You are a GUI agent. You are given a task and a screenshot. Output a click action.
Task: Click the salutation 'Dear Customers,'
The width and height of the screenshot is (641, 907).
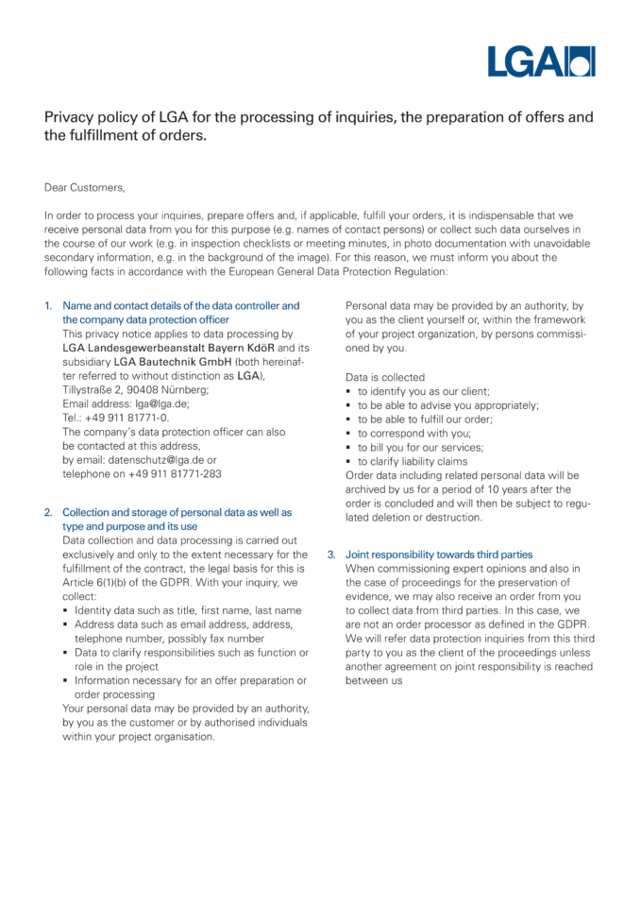pyautogui.click(x=84, y=188)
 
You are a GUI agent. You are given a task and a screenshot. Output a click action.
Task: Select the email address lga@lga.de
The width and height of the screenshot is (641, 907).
pyautogui.click(x=162, y=403)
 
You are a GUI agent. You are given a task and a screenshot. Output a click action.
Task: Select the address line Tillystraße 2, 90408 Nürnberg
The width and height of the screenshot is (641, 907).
pyautogui.click(x=136, y=389)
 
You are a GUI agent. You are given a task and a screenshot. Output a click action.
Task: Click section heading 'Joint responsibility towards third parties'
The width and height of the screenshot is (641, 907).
pyautogui.click(x=439, y=555)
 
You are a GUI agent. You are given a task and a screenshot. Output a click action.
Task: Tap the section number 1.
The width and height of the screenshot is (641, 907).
pyautogui.click(x=48, y=306)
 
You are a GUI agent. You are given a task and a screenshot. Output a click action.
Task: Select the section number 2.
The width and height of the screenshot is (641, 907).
pyautogui.click(x=48, y=512)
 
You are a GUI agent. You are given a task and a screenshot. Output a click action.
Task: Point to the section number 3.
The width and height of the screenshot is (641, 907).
pyautogui.click(x=331, y=555)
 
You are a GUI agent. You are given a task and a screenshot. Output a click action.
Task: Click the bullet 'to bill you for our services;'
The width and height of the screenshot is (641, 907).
pyautogui.click(x=420, y=447)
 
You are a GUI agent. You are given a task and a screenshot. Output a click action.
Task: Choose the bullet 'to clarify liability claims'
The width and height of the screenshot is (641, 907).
pyautogui.click(x=413, y=461)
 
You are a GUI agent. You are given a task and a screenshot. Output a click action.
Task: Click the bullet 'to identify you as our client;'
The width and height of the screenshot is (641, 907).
pyautogui.click(x=423, y=390)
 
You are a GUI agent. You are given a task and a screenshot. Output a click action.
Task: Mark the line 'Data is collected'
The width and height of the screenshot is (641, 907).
pyautogui.click(x=385, y=376)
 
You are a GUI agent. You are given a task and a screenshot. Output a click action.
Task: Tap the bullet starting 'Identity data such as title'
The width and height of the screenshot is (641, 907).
pyautogui.click(x=188, y=610)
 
